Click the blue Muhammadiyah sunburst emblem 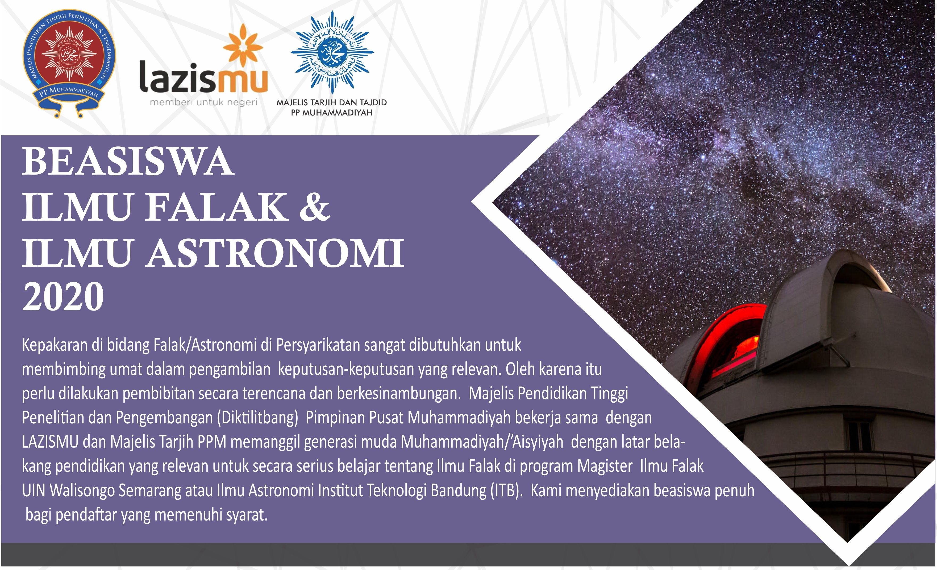[x=332, y=52]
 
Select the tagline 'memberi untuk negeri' [x=203, y=102]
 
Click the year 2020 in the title [x=63, y=297]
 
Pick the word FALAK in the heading [x=217, y=207]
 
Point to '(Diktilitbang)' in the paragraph [x=257, y=418]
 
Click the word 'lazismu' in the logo [x=204, y=78]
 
